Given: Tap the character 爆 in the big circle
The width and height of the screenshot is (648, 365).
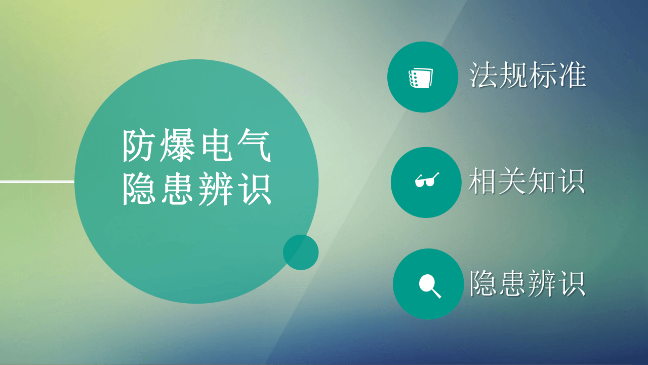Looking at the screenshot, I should click(x=179, y=146).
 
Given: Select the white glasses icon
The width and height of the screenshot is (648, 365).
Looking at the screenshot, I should click(x=426, y=180).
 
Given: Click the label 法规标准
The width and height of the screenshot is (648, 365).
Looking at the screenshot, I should click(x=528, y=76).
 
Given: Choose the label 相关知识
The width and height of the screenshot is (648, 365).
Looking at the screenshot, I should click(x=526, y=182).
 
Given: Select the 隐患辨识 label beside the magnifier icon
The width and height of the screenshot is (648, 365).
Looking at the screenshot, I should click(x=527, y=283).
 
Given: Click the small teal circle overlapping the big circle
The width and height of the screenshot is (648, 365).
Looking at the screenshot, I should click(x=301, y=252).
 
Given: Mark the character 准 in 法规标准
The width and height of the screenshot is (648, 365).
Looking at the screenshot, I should click(x=572, y=76).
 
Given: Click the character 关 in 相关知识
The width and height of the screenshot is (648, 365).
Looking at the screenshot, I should click(x=512, y=182).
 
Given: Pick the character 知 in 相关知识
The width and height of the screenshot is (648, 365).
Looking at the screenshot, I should click(x=541, y=182).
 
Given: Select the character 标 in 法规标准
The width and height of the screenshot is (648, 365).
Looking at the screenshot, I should click(x=543, y=76).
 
